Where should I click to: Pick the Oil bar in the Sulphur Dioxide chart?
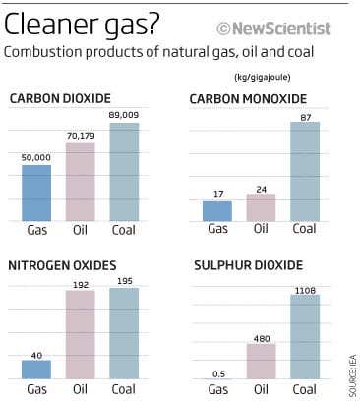261,361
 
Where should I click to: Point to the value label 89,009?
124,115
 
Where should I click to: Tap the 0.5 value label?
216,372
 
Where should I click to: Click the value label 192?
81,283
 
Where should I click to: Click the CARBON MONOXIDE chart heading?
248,99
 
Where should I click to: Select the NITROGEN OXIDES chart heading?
62,265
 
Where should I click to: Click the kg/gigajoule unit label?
263,77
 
